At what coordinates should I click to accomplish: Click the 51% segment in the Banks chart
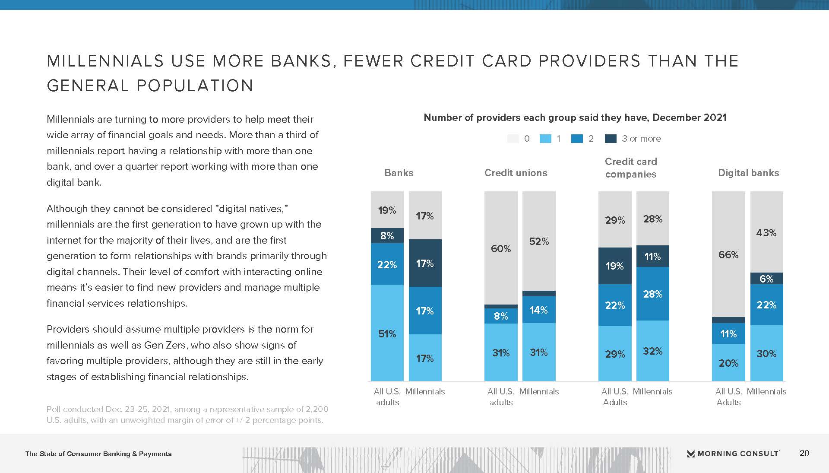click(x=387, y=333)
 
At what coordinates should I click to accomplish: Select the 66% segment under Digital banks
click(x=728, y=254)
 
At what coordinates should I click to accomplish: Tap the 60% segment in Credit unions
click(x=501, y=248)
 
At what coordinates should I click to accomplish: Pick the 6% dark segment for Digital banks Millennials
click(x=766, y=279)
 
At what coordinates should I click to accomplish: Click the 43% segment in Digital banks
click(x=766, y=232)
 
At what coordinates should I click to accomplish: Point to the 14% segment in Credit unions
click(x=538, y=310)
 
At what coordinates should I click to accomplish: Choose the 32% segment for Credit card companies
click(x=652, y=351)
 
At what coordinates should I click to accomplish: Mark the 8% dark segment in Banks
click(x=387, y=235)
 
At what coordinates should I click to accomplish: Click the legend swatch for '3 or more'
click(x=611, y=139)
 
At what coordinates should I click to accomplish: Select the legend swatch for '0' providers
click(x=513, y=139)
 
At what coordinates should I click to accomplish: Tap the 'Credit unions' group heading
click(x=516, y=173)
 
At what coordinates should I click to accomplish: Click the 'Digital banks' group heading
click(x=748, y=173)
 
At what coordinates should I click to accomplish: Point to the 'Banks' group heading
click(x=399, y=173)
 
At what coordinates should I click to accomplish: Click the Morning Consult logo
click(x=733, y=454)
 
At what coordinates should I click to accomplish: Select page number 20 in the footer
click(x=804, y=453)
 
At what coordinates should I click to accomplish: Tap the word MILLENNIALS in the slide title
click(x=105, y=61)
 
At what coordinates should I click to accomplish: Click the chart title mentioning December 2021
click(x=575, y=117)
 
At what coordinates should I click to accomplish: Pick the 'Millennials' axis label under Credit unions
click(x=539, y=391)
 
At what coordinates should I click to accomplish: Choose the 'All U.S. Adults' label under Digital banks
click(x=728, y=397)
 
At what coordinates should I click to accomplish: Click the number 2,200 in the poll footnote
click(x=317, y=409)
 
